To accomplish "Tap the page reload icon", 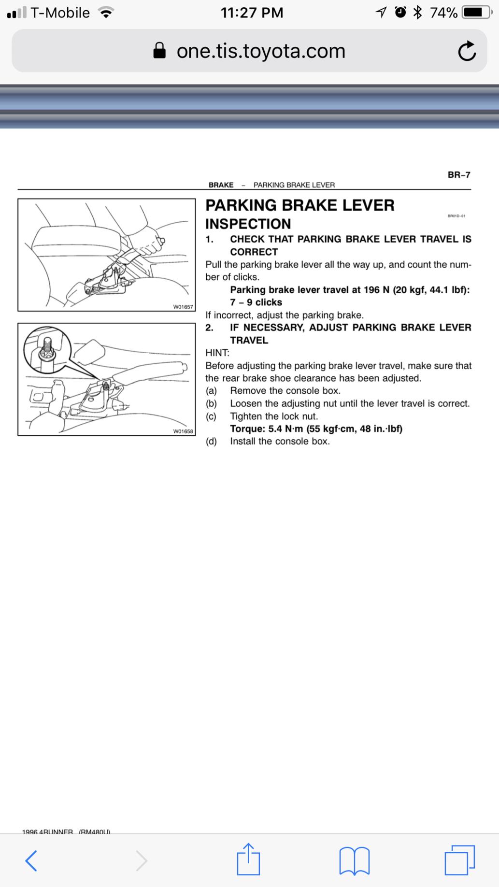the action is pyautogui.click(x=467, y=51).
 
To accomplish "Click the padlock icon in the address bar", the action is pyautogui.click(x=159, y=50).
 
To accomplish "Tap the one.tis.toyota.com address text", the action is pyautogui.click(x=261, y=51).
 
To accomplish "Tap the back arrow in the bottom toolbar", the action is pyautogui.click(x=31, y=860).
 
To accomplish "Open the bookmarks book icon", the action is pyautogui.click(x=355, y=861).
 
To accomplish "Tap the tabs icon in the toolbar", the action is pyautogui.click(x=459, y=860).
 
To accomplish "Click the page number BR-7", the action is pyautogui.click(x=459, y=175).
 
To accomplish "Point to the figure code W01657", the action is pyautogui.click(x=183, y=307).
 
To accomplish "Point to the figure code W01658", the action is pyautogui.click(x=183, y=431).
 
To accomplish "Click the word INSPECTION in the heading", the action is pyautogui.click(x=248, y=224).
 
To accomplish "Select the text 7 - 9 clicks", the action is pyautogui.click(x=256, y=302).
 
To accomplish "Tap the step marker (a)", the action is pyautogui.click(x=211, y=391).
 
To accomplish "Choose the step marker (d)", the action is pyautogui.click(x=211, y=442).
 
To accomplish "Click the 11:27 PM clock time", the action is pyautogui.click(x=252, y=13).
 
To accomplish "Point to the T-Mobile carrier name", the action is pyautogui.click(x=60, y=13).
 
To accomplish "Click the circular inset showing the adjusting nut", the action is pyautogui.click(x=47, y=351).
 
